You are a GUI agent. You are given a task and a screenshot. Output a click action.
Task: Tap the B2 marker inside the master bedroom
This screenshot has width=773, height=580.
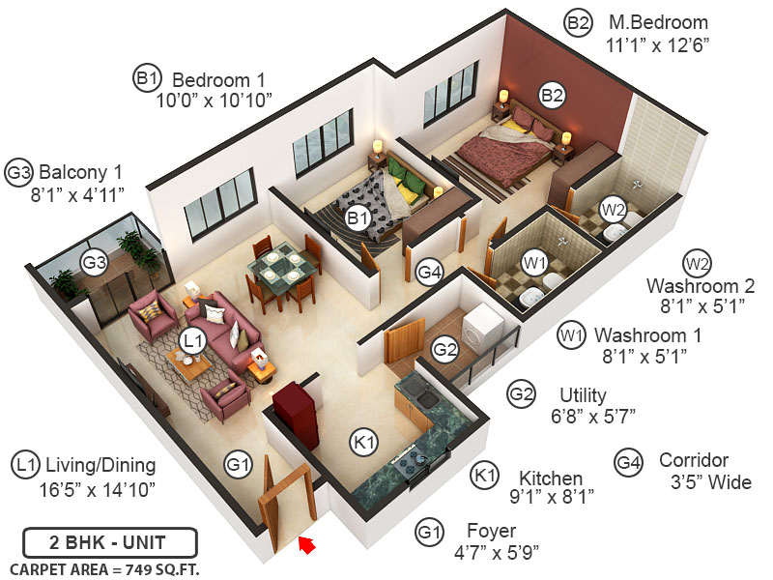click(x=552, y=95)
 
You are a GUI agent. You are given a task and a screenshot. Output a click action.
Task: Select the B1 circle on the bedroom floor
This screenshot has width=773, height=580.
click(x=358, y=218)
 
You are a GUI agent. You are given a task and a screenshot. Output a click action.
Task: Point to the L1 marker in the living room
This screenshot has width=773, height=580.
click(x=192, y=340)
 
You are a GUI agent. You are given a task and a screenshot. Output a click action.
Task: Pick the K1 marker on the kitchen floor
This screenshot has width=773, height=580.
click(x=363, y=443)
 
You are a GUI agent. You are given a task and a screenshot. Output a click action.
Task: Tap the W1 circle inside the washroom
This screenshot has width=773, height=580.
click(x=534, y=262)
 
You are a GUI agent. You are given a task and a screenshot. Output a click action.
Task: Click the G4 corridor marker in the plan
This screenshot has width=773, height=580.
click(x=429, y=273)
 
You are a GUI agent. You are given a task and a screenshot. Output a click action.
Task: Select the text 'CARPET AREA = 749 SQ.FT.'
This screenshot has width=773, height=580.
click(x=104, y=568)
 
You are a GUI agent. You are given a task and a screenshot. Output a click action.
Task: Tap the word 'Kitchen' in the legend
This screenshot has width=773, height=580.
click(x=551, y=478)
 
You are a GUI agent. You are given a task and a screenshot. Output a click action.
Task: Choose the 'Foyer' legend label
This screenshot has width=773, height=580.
click(x=493, y=531)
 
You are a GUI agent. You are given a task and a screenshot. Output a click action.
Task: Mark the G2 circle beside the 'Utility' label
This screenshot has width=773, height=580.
click(x=522, y=394)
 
